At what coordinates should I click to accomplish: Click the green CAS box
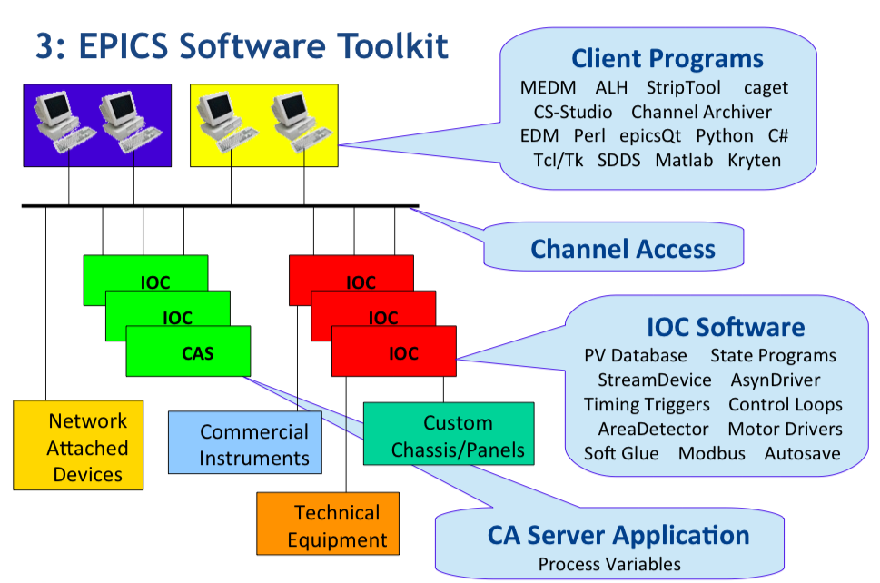click(x=189, y=351)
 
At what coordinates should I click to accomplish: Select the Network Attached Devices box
click(x=78, y=445)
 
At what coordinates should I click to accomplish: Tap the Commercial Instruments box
click(x=245, y=442)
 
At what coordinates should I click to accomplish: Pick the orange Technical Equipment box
click(x=328, y=524)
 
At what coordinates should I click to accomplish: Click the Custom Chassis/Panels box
click(x=449, y=434)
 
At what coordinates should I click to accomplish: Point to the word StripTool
click(x=684, y=87)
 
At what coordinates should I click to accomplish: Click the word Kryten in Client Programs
click(x=755, y=161)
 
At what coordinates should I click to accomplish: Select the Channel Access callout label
click(x=623, y=249)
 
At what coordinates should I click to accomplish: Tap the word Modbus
click(x=712, y=453)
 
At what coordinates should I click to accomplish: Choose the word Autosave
click(x=803, y=453)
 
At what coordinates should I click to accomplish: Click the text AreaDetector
click(x=653, y=430)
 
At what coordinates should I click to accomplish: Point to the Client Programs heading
click(x=667, y=58)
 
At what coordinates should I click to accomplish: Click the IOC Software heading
click(x=726, y=327)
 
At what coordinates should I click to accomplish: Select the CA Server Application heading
click(x=618, y=535)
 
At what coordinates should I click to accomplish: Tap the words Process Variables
click(x=609, y=564)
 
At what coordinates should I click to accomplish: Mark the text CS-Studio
click(x=573, y=113)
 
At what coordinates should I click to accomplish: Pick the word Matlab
click(x=684, y=161)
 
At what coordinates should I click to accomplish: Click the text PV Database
click(x=636, y=356)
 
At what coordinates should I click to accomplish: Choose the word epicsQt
click(x=650, y=136)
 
